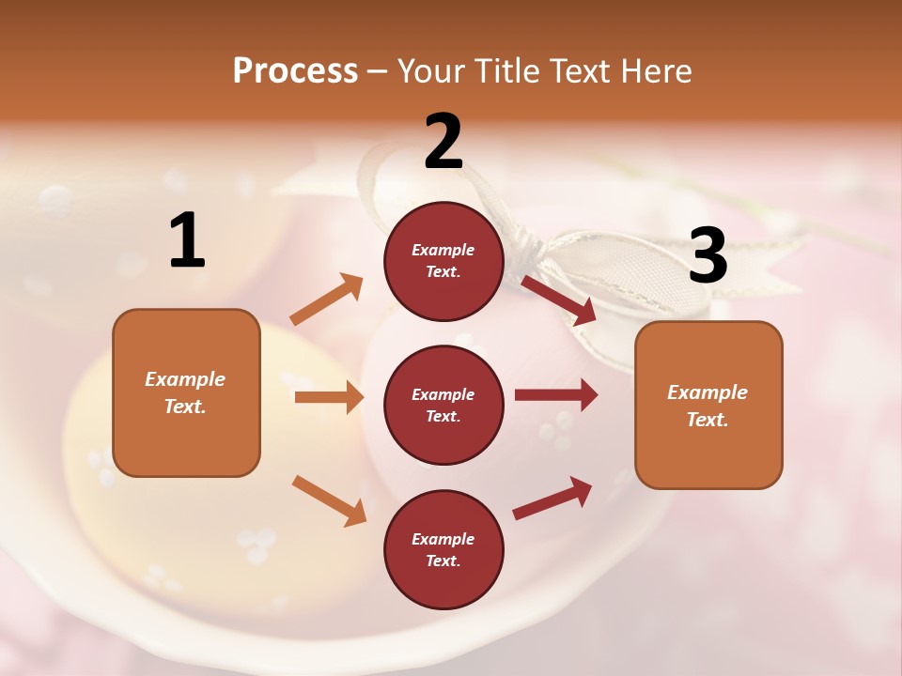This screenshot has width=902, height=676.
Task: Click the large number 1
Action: [187, 240]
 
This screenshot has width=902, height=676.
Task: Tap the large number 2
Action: [443, 142]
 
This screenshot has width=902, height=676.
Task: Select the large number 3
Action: [708, 255]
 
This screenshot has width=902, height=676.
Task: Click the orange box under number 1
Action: [186, 392]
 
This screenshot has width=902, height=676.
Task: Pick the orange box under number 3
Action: [708, 405]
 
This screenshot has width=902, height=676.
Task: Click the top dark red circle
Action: [443, 260]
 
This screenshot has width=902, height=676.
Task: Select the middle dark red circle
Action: [443, 405]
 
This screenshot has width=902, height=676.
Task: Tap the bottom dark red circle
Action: [443, 549]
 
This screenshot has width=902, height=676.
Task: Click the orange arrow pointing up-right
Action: [326, 300]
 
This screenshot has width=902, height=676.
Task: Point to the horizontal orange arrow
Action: [329, 397]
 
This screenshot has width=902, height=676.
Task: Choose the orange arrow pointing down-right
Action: [329, 499]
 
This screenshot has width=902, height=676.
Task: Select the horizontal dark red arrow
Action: [555, 394]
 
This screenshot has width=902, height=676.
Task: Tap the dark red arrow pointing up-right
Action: [552, 498]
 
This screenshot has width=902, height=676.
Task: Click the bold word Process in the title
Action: [295, 70]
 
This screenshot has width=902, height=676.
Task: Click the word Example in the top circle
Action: [443, 250]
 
